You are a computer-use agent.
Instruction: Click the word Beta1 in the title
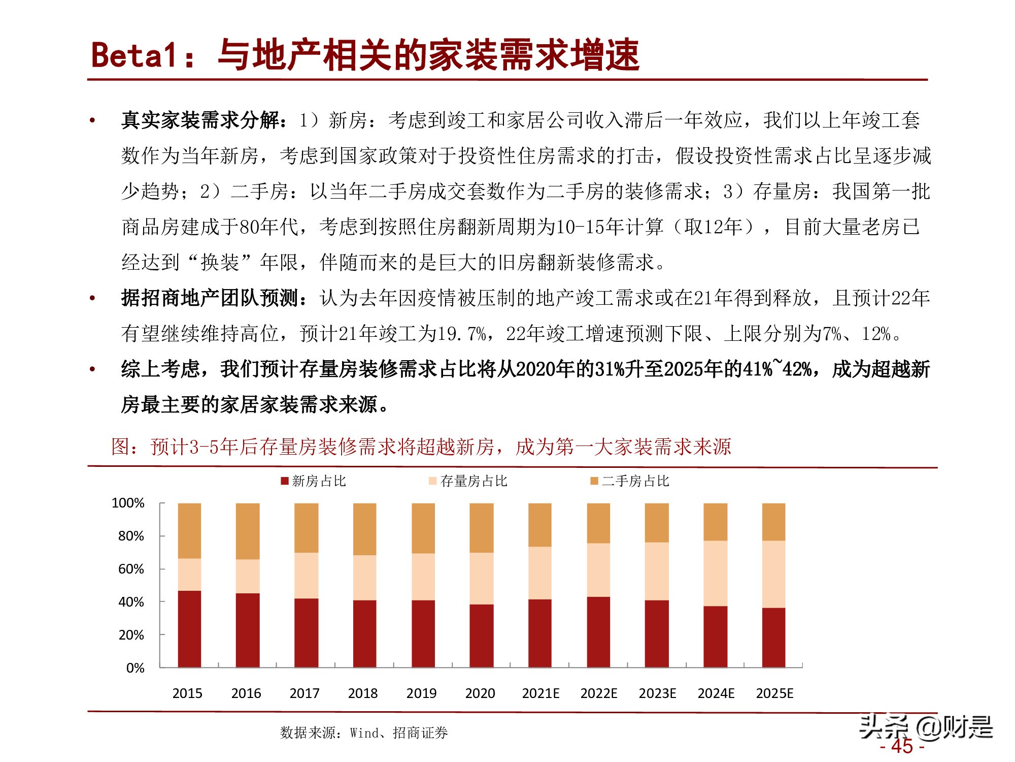click(134, 55)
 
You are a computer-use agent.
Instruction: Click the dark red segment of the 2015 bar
click(189, 629)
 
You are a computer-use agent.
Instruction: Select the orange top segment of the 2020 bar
click(482, 528)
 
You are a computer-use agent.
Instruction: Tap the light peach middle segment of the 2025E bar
click(773, 574)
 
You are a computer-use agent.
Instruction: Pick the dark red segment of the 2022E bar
click(598, 631)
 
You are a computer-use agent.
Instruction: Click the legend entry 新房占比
click(314, 481)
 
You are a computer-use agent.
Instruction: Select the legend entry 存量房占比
click(468, 481)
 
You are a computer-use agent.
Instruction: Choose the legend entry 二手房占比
click(630, 481)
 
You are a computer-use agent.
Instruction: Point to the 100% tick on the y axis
click(128, 503)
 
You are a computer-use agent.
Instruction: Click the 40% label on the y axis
click(131, 602)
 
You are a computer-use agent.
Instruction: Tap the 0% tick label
click(135, 668)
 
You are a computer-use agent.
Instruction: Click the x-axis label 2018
click(362, 693)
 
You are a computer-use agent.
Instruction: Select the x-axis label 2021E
click(540, 693)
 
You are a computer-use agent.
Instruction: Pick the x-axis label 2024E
click(716, 693)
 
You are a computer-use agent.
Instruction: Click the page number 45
click(902, 746)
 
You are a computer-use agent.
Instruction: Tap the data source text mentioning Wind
click(363, 733)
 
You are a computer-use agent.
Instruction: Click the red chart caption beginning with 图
click(421, 447)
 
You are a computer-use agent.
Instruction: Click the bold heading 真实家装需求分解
click(200, 120)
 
